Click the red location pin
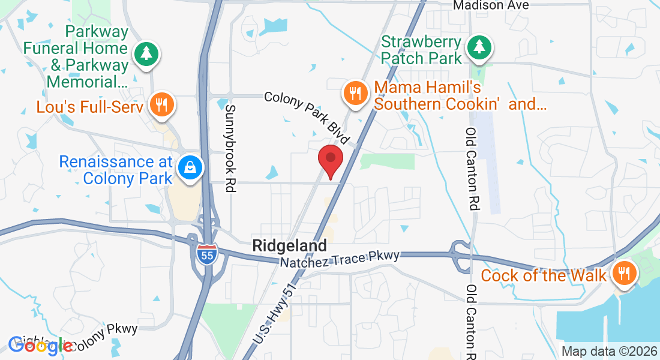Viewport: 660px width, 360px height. (330, 160)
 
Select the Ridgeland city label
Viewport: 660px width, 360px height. (290, 245)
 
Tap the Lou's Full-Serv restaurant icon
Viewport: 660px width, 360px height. (161, 106)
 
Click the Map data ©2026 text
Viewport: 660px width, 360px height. (609, 351)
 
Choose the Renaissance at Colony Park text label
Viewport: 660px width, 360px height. (116, 170)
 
